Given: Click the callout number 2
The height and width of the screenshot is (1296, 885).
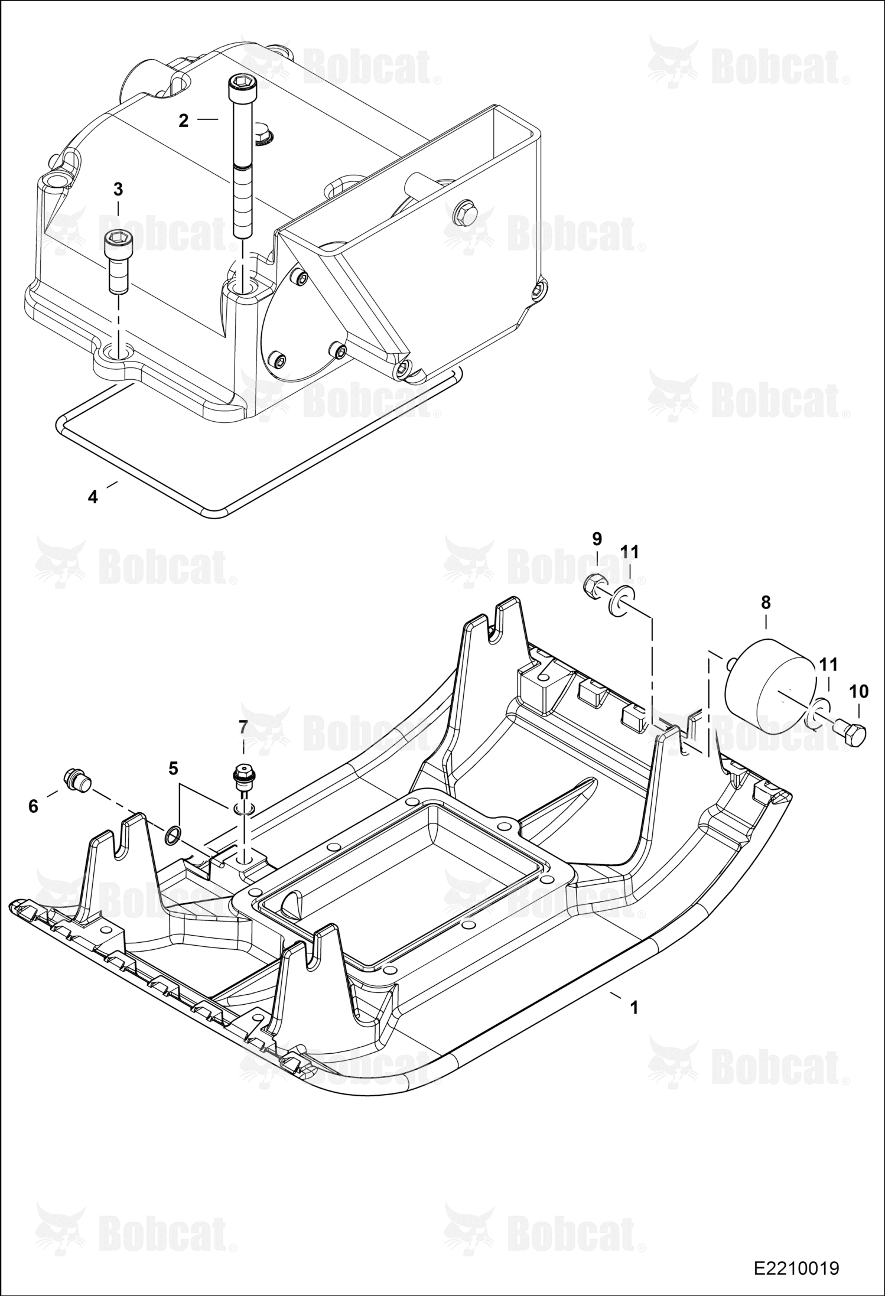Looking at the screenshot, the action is click(x=183, y=121).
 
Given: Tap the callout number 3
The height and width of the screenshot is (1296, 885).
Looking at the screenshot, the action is click(x=118, y=190).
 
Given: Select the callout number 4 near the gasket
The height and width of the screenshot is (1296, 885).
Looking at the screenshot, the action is click(x=93, y=497).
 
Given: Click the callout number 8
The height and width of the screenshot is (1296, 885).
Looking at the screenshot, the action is click(x=766, y=603).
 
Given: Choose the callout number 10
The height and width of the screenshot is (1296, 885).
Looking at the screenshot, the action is click(x=859, y=691).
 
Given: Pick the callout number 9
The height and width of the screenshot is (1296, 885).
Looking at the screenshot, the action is click(x=597, y=539).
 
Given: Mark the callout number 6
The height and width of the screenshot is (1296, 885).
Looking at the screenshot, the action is click(x=33, y=806).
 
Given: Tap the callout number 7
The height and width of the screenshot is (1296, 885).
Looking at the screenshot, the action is click(x=243, y=727).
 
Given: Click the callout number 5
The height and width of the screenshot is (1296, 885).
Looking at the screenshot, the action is click(x=173, y=768).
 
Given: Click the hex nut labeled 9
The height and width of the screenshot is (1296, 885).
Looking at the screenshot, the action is click(x=593, y=587).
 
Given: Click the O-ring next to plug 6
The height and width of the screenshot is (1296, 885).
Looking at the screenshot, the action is click(x=173, y=836).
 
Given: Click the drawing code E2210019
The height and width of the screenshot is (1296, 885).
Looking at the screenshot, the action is click(x=796, y=1268).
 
